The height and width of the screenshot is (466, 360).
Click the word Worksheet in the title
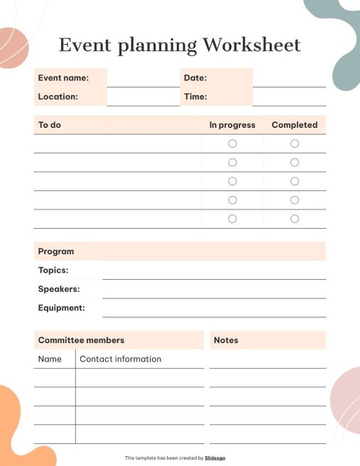pyautogui.click(x=251, y=45)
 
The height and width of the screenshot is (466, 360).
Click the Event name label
pyautogui.click(x=63, y=77)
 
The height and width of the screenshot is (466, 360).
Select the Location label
pyautogui.click(x=58, y=97)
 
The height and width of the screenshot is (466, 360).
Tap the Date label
pyautogui.click(x=195, y=77)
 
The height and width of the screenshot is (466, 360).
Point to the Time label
pyautogui.click(x=195, y=97)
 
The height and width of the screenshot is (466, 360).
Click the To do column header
pyautogui.click(x=50, y=125)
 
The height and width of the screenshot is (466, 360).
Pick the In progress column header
pyautogui.click(x=232, y=125)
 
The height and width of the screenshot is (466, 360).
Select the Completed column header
pyautogui.click(x=295, y=125)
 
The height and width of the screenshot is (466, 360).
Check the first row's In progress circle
pyautogui.click(x=232, y=143)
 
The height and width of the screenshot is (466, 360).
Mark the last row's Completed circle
pyautogui.click(x=295, y=219)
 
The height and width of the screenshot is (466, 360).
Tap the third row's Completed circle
pyautogui.click(x=295, y=181)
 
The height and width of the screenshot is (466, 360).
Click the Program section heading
pyautogui.click(x=56, y=251)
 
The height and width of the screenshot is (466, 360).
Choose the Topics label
pyautogui.click(x=53, y=271)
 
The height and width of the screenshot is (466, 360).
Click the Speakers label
pyautogui.click(x=59, y=289)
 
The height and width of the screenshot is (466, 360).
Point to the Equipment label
pyautogui.click(x=61, y=308)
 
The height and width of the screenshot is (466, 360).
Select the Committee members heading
pyautogui.click(x=81, y=340)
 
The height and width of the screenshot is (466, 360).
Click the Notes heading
pyautogui.click(x=226, y=340)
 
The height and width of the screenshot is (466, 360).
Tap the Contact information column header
pyautogui.click(x=120, y=359)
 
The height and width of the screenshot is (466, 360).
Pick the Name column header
pyautogui.click(x=50, y=359)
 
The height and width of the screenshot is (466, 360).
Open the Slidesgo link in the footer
pyautogui.click(x=215, y=458)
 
